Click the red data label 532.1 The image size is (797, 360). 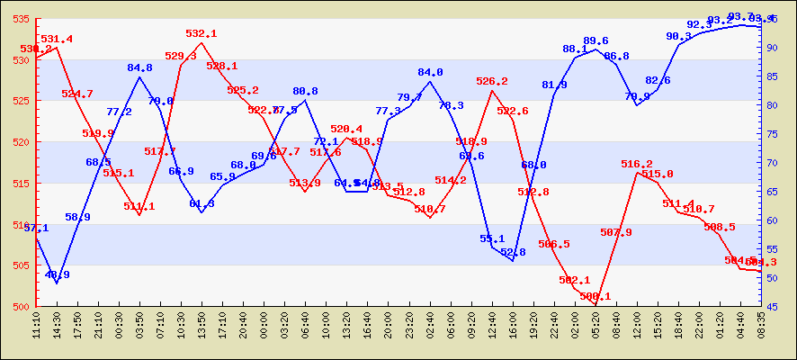tap(201, 33)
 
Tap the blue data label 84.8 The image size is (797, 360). tap(139, 67)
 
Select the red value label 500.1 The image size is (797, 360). tap(596, 296)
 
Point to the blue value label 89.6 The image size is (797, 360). tap(596, 40)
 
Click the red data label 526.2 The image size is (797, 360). tap(492, 81)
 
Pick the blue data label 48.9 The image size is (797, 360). tap(57, 274)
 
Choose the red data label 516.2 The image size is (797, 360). tap(637, 164)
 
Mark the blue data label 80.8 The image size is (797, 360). tap(305, 91)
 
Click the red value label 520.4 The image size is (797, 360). tap(346, 130)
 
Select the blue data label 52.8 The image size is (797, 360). tap(513, 252)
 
